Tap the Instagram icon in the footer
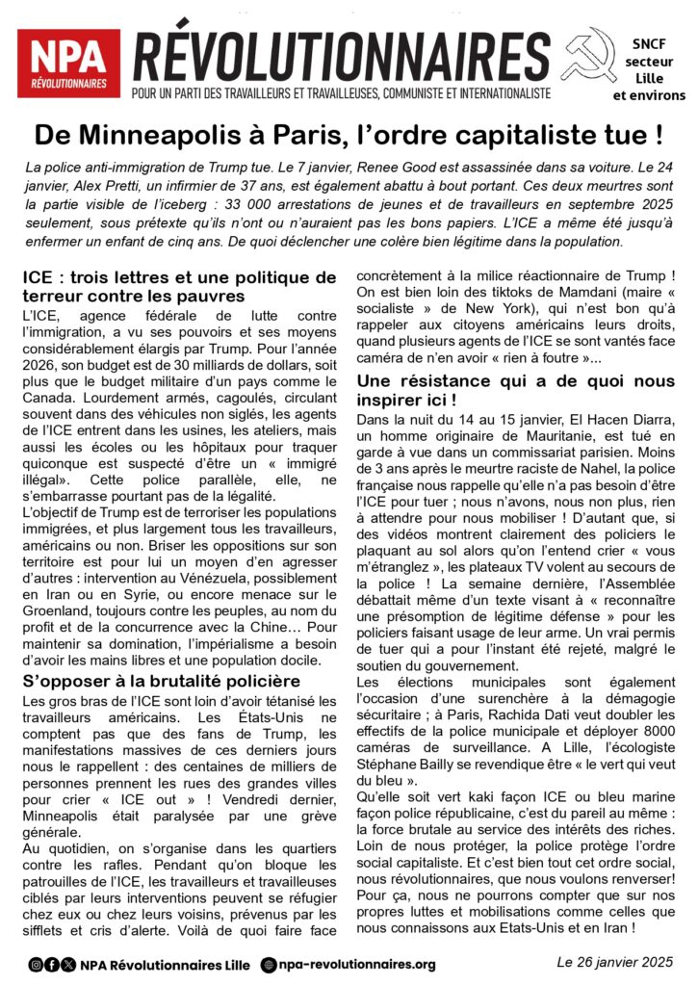coord(36,964)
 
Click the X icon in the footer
coord(67,964)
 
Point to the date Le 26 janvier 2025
coord(612,963)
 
